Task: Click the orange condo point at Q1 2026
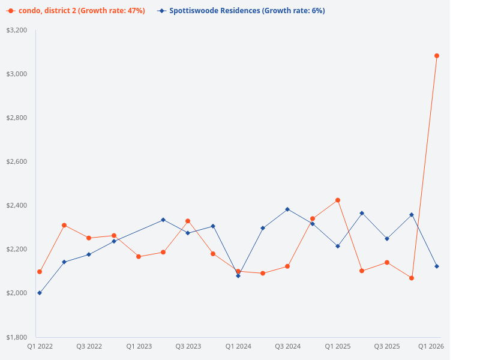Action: (x=436, y=56)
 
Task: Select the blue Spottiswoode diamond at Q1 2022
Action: (x=40, y=293)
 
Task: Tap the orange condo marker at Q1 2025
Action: (x=338, y=200)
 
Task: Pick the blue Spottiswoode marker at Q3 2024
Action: (x=287, y=209)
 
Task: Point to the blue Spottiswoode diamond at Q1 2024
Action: (x=238, y=275)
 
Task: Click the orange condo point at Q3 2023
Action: (x=188, y=221)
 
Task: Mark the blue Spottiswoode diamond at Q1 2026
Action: (x=436, y=266)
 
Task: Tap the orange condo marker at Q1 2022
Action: (x=40, y=272)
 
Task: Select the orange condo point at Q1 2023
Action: (x=139, y=257)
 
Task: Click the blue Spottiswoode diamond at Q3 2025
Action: (x=387, y=239)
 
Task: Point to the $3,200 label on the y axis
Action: (x=16, y=30)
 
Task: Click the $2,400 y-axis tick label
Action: (x=16, y=205)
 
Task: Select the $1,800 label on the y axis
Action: (x=16, y=337)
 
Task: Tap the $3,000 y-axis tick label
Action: (x=16, y=74)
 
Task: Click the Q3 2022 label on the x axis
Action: (x=89, y=347)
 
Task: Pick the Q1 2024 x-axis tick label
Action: (x=238, y=347)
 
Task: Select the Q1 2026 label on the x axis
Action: (x=431, y=347)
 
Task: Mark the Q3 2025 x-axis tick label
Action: (x=387, y=347)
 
